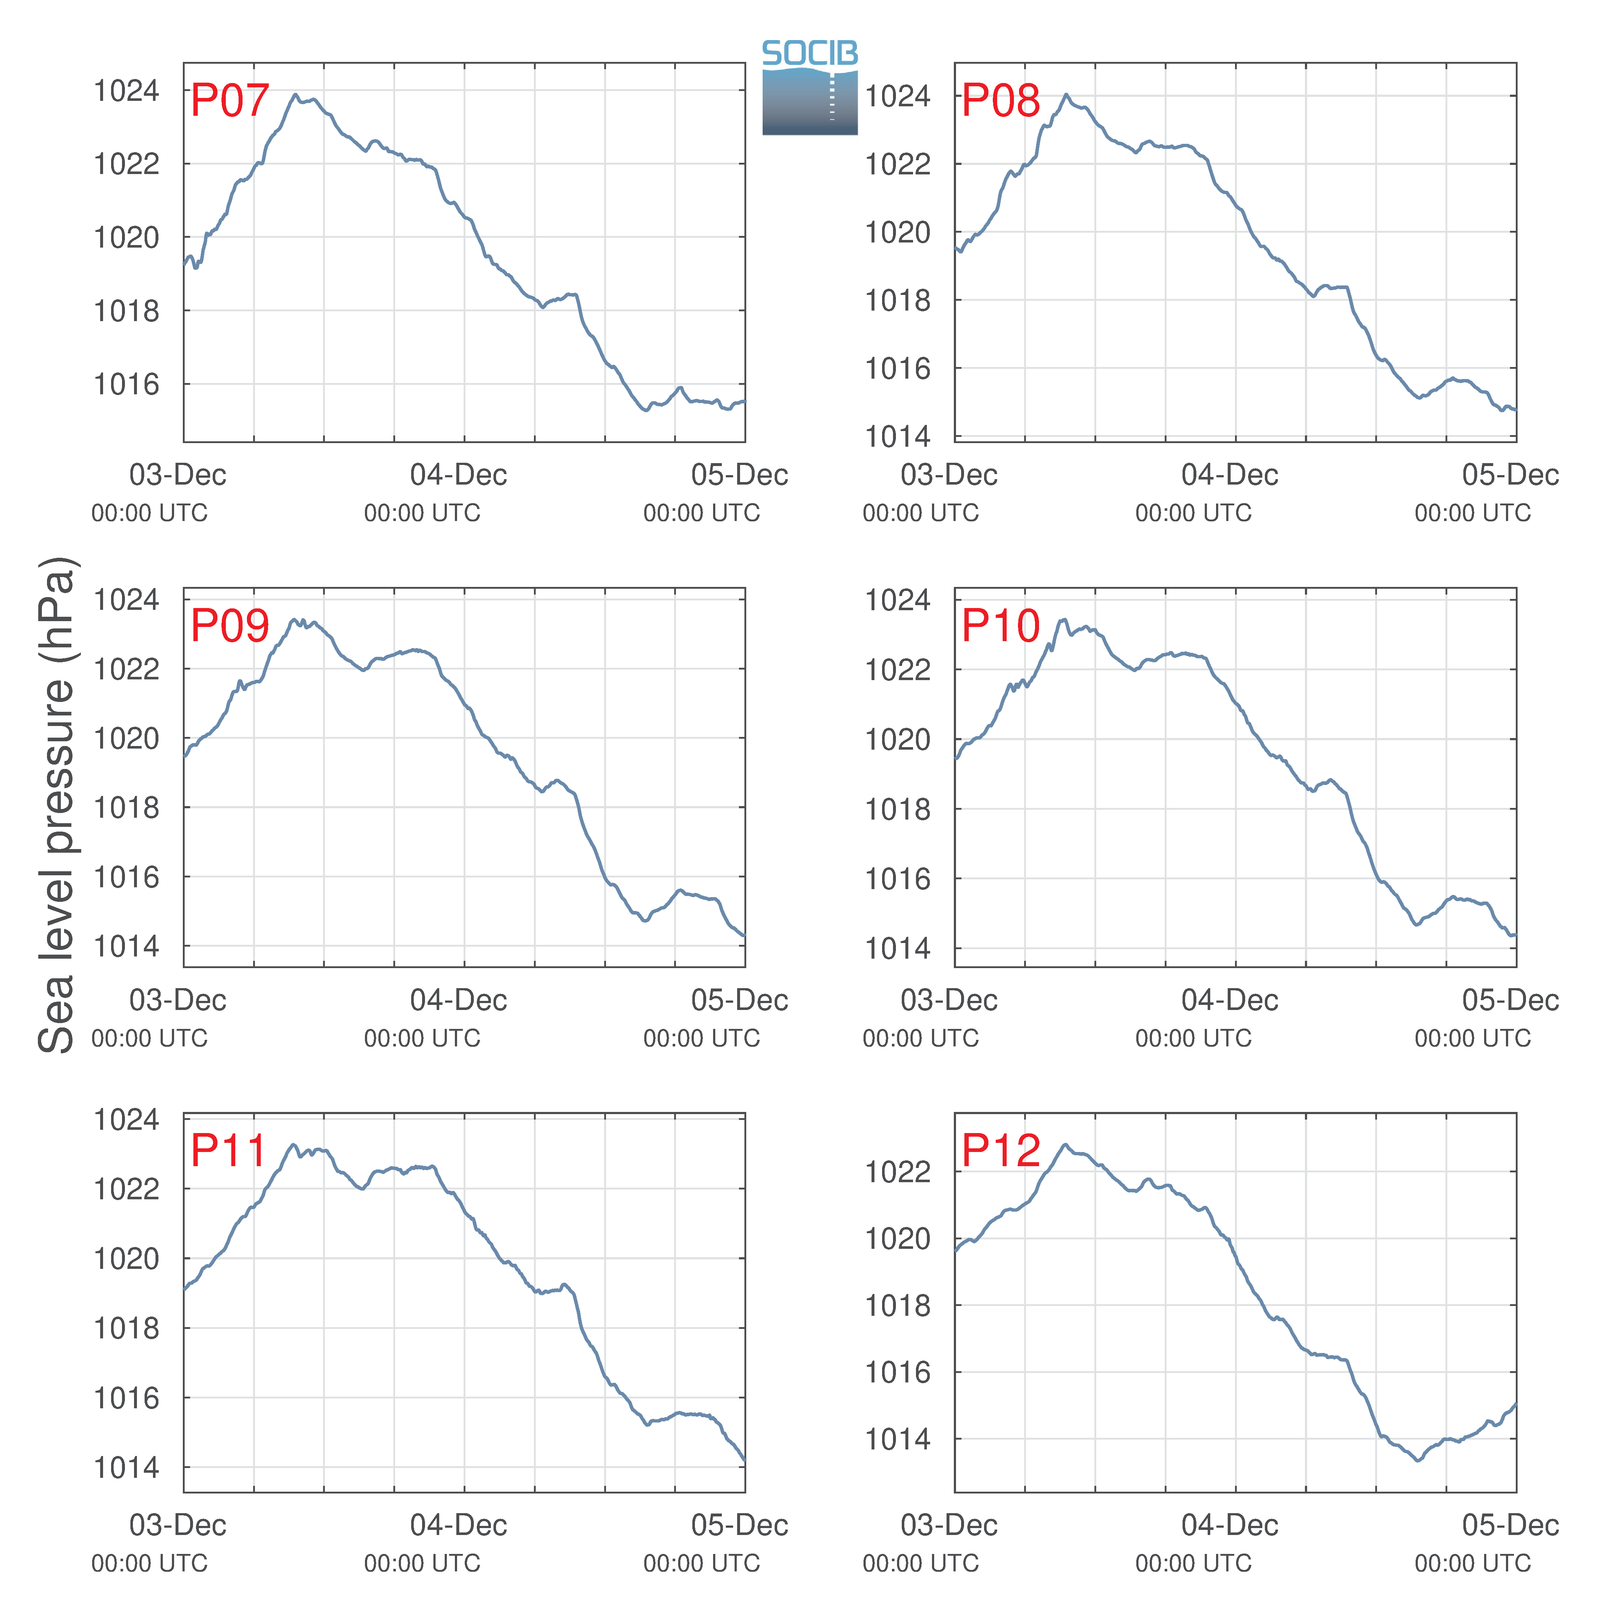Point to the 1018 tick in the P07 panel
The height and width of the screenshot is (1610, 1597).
(x=126, y=311)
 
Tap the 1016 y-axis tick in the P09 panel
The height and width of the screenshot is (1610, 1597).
(x=126, y=877)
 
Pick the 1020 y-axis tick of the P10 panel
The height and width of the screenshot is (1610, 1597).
(x=897, y=739)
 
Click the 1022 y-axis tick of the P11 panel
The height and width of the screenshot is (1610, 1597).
(x=126, y=1188)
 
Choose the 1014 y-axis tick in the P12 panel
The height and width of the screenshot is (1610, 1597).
(x=897, y=1439)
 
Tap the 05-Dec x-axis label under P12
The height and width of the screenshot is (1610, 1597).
(x=1510, y=1525)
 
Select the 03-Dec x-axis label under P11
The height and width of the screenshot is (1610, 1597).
(x=177, y=1525)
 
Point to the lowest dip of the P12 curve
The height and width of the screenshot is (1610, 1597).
(x=1419, y=1460)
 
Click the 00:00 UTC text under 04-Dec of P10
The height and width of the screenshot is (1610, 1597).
(x=1193, y=1038)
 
